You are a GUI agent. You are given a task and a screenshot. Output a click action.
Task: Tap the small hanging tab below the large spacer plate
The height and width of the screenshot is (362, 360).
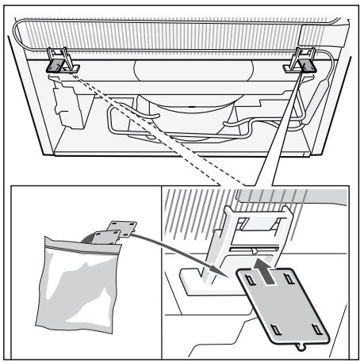[299, 347]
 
